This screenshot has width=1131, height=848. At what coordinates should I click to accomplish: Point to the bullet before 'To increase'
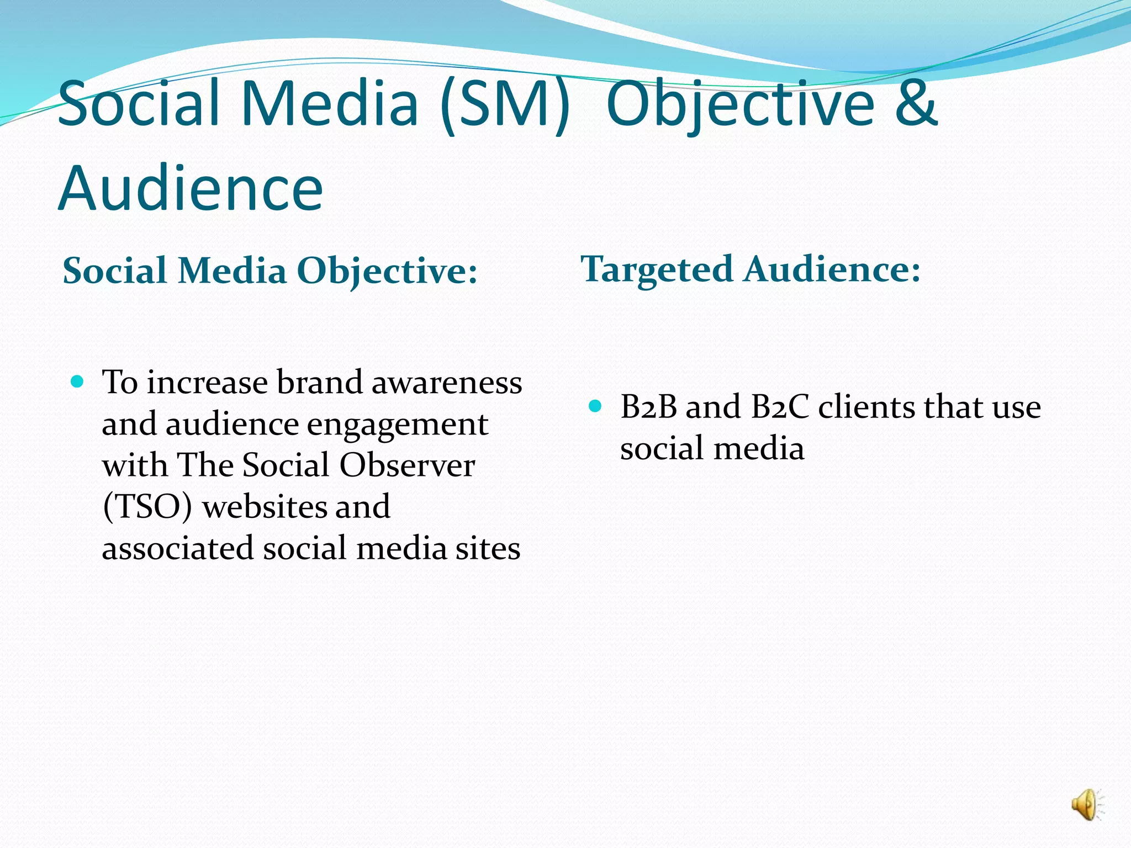point(78,381)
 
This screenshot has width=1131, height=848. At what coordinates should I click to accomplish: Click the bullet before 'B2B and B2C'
point(595,407)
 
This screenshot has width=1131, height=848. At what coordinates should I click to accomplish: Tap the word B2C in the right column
point(780,407)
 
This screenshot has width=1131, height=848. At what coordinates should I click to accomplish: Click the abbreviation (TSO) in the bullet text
point(147,507)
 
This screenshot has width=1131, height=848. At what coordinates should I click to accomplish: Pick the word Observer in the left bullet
point(407,465)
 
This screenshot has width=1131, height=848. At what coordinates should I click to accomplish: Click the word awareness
point(446,382)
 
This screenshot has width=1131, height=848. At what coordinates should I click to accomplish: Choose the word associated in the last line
point(177,548)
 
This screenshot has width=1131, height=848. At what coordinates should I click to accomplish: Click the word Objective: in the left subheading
point(387,271)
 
